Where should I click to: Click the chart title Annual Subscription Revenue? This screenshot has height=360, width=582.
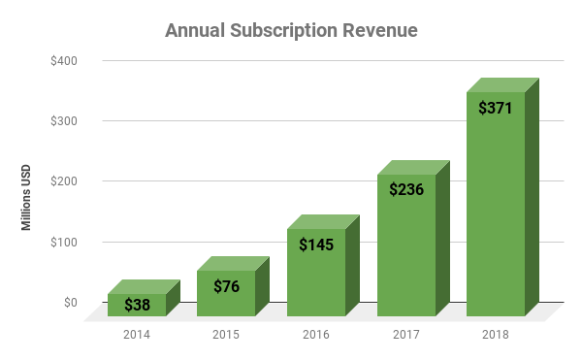pos(291,31)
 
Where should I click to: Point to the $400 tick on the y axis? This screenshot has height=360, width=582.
pos(64,61)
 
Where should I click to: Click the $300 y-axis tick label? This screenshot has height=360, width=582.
pos(64,121)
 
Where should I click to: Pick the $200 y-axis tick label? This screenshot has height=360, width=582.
pos(64,181)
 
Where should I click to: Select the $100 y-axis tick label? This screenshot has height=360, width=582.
pos(64,243)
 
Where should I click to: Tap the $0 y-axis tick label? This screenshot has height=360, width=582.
pos(70,303)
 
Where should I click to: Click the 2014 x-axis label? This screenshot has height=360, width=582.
pos(137,335)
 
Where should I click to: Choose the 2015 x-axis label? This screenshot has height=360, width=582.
pos(226,335)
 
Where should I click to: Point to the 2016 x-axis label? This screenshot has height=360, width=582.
pos(316,335)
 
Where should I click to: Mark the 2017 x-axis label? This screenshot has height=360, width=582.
pos(405,335)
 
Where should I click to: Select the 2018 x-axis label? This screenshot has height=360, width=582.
pos(496,335)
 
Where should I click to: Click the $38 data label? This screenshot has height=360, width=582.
pos(137,305)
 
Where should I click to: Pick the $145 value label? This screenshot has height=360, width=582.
pos(316,244)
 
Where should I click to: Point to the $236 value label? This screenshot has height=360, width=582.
pos(406,189)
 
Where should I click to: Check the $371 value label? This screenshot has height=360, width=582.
pos(496,107)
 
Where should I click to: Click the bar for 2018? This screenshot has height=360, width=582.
pos(496,213)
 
